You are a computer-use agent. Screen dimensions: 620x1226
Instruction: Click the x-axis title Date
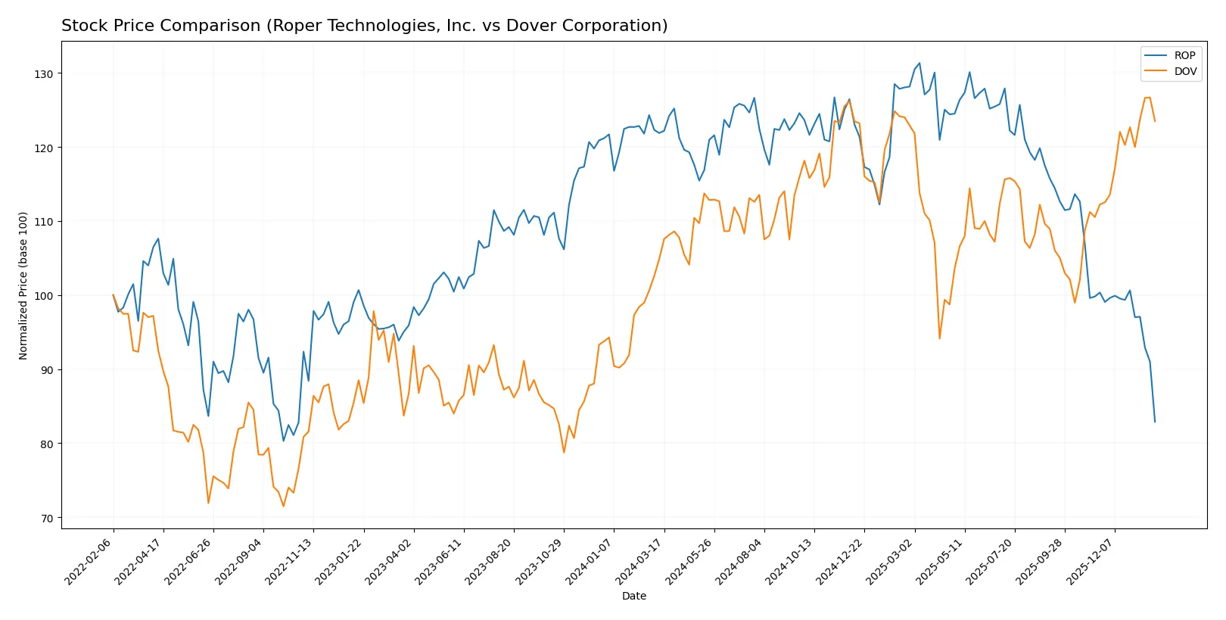(633, 597)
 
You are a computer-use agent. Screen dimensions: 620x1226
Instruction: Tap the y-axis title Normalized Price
(23, 285)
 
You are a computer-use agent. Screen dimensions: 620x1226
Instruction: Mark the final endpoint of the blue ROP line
(1155, 422)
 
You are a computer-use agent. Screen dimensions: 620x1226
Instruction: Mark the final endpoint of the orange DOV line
(1155, 121)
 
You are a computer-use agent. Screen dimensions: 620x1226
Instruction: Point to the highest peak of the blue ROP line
(919, 63)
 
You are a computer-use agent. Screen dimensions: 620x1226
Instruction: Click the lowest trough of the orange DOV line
(284, 506)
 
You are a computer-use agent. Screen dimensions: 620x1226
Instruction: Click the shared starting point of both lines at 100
(114, 295)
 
